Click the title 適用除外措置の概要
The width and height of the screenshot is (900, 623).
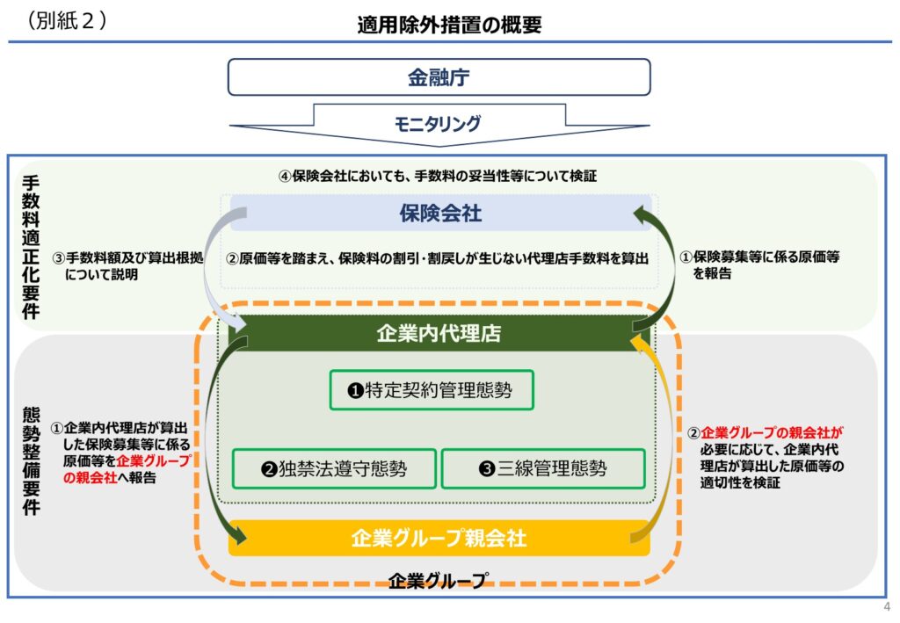pyautogui.click(x=449, y=25)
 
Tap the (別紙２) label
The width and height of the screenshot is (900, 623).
pyautogui.click(x=66, y=20)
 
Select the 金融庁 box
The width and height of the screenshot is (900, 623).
pyautogui.click(x=439, y=76)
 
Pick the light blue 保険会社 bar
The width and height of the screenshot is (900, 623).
pyautogui.click(x=441, y=213)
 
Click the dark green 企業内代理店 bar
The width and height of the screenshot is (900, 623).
pyautogui.click(x=439, y=333)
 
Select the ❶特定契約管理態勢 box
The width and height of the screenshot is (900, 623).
pyautogui.click(x=432, y=390)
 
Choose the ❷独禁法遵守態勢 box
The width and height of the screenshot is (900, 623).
pyautogui.click(x=334, y=468)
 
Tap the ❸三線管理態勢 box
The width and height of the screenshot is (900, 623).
pyautogui.click(x=543, y=468)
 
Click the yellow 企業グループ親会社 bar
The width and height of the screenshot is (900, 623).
pyautogui.click(x=439, y=538)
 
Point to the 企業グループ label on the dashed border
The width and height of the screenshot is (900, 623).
pyautogui.click(x=439, y=581)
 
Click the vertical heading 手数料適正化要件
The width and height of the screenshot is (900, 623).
pyautogui.click(x=31, y=247)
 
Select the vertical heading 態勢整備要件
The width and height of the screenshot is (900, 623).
pyautogui.click(x=31, y=461)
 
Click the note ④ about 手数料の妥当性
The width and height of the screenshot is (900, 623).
pyautogui.click(x=438, y=176)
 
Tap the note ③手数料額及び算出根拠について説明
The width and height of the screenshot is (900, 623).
pyautogui.click(x=127, y=266)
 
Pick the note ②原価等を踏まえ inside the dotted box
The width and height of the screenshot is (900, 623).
pyautogui.click(x=438, y=258)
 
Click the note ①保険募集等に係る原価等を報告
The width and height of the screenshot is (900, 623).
pyautogui.click(x=760, y=265)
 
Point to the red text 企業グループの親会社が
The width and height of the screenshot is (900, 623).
pyautogui.click(x=772, y=432)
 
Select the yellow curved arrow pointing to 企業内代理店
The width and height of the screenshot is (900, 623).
pyautogui.click(x=668, y=436)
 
